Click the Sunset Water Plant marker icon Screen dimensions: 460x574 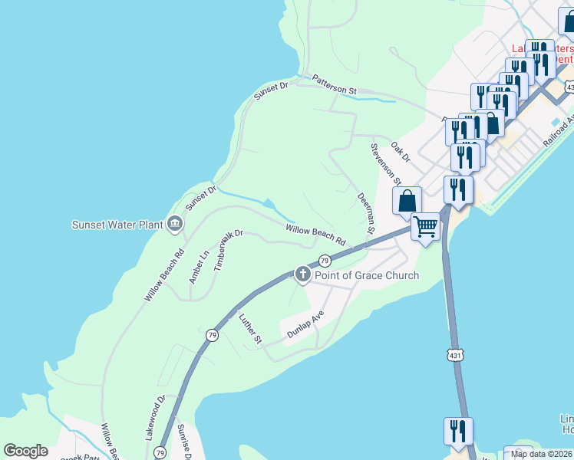[175, 224]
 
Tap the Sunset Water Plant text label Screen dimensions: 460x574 [117, 225]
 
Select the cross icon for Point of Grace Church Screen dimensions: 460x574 [303, 274]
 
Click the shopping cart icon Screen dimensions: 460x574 [426, 225]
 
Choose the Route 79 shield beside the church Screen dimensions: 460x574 [325, 261]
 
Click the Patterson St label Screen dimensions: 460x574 [335, 84]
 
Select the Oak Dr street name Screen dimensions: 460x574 [401, 151]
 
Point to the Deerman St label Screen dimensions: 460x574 [365, 212]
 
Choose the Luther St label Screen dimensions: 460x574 [251, 328]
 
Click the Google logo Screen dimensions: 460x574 [26, 451]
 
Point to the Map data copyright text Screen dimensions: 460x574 [542, 454]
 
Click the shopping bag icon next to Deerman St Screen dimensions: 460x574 [407, 201]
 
